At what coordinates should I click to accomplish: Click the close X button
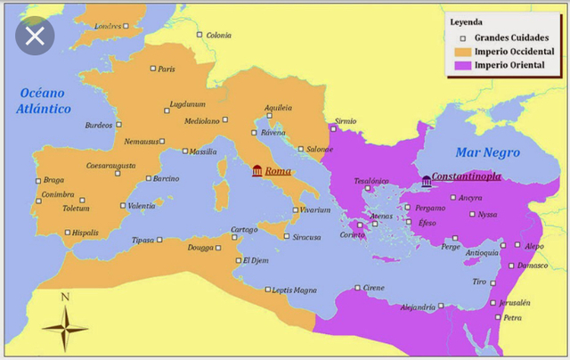click(34, 37)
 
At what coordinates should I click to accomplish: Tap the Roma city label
click(278, 171)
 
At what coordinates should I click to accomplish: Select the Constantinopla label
click(466, 177)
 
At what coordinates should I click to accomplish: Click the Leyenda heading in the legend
click(468, 21)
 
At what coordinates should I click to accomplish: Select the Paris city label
click(167, 69)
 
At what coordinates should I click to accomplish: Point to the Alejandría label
click(418, 307)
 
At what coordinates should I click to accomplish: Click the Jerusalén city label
click(514, 302)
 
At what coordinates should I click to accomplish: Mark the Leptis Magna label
click(294, 290)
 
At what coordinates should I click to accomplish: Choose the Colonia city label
click(218, 36)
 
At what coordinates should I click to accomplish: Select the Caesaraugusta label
click(111, 165)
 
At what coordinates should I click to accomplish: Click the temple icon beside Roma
click(257, 171)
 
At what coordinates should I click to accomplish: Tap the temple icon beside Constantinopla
click(426, 181)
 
